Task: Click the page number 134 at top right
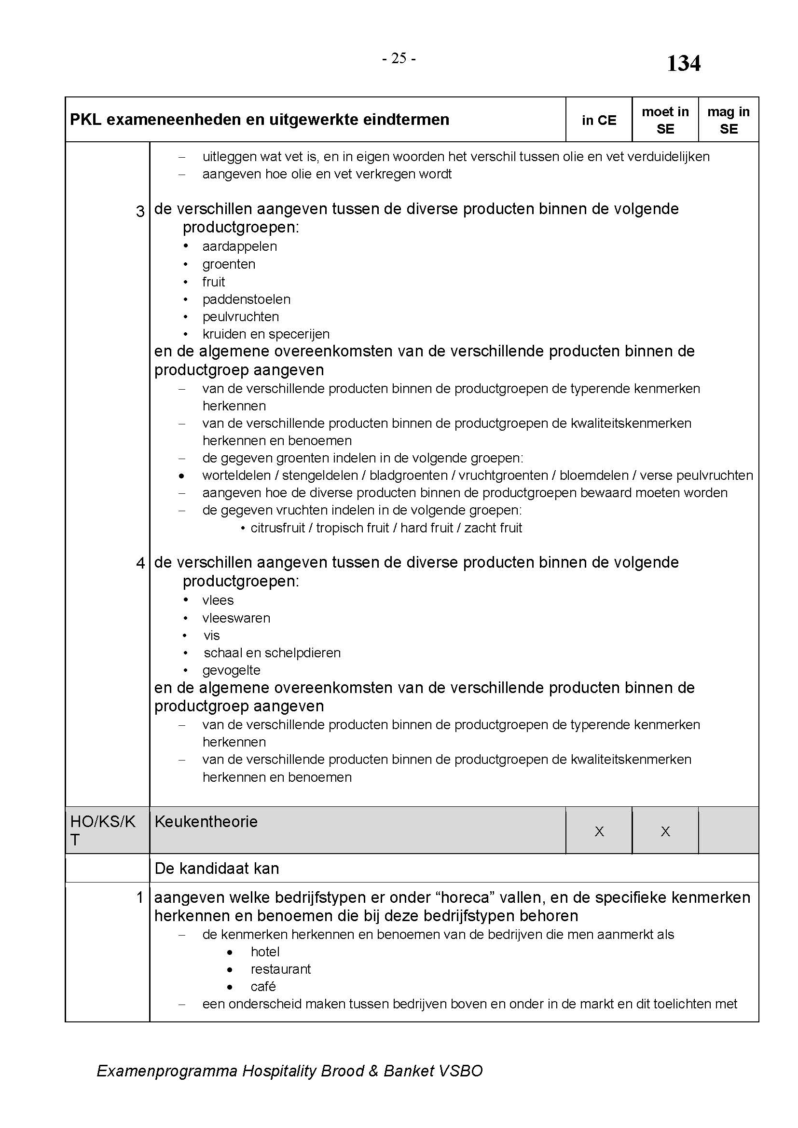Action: tap(683, 64)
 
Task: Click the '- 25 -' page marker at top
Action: tap(399, 59)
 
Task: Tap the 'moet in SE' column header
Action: tap(665, 121)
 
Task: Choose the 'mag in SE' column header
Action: tap(728, 121)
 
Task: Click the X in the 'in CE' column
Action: tap(599, 831)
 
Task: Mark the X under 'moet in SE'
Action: tap(665, 831)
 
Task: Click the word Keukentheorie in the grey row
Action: tap(206, 821)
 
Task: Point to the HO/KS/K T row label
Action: tap(103, 830)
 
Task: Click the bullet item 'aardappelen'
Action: tap(239, 246)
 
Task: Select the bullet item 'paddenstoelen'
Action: tap(246, 299)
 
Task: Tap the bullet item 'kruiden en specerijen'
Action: tap(266, 334)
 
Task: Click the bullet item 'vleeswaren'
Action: tap(236, 618)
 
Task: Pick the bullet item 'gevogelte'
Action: tap(231, 670)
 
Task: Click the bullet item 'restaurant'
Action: tap(281, 969)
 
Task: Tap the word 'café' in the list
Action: tap(263, 987)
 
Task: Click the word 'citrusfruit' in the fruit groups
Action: tap(277, 528)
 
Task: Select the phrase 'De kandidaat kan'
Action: tap(217, 869)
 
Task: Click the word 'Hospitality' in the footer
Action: tap(279, 1071)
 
